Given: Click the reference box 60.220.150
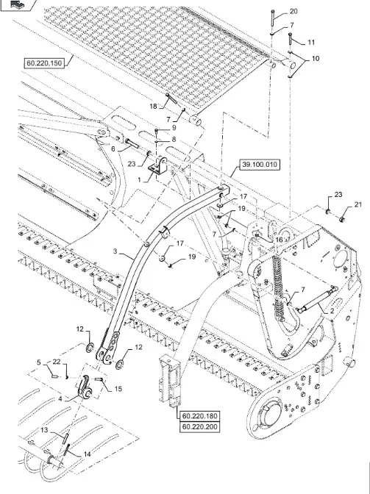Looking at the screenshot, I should pyautogui.click(x=46, y=63).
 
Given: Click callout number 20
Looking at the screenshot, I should pyautogui.click(x=293, y=11).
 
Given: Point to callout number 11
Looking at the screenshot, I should pyautogui.click(x=311, y=42).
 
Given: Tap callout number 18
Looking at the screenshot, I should pyautogui.click(x=153, y=106).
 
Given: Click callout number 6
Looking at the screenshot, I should pyautogui.click(x=113, y=149).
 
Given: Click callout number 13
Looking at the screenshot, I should pyautogui.click(x=44, y=430).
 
